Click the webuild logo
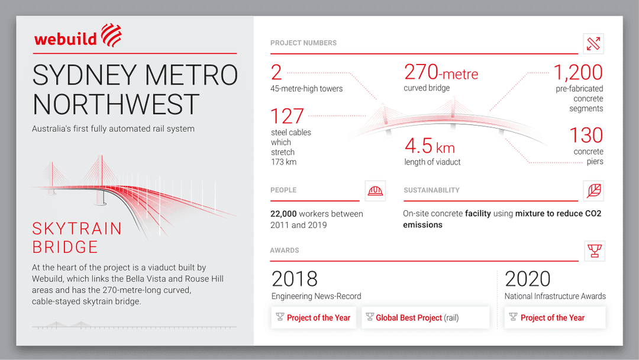point(78,37)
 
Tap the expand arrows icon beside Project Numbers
point(593,43)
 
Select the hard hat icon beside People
point(375,191)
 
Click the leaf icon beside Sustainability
point(593,191)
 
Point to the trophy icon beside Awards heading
point(594,250)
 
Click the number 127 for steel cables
point(287,116)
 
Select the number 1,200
point(577,73)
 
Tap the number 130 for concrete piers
point(586,136)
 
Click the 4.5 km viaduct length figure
point(430,146)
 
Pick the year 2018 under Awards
point(295,279)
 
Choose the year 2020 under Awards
point(528,279)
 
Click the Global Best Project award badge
point(425,318)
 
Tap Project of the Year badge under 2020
point(554,318)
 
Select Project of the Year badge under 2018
point(314,318)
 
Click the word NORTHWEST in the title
point(115,104)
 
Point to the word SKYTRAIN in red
point(77,229)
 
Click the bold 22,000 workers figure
point(283,214)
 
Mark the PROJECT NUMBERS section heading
point(304,43)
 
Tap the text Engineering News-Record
point(316,296)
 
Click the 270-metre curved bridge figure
point(441,73)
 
